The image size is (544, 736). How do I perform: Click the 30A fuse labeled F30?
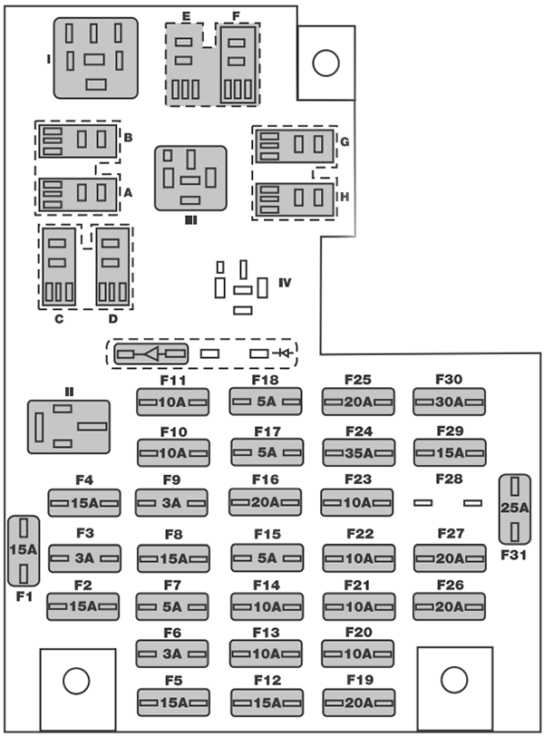(x=449, y=401)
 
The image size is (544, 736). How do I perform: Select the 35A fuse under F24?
(x=357, y=450)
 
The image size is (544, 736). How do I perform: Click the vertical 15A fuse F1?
(x=23, y=550)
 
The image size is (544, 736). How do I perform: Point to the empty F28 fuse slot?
(x=448, y=502)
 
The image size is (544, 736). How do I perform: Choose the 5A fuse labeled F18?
(x=266, y=401)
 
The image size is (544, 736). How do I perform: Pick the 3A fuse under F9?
(x=171, y=502)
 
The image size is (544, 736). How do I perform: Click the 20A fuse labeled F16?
(x=265, y=501)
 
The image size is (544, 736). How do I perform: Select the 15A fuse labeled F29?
(x=449, y=451)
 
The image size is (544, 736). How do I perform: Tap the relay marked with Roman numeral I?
(x=96, y=58)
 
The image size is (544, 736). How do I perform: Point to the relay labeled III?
(x=190, y=178)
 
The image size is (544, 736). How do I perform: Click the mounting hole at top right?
(x=325, y=62)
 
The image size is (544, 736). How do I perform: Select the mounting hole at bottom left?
(x=77, y=680)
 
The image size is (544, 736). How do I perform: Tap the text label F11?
(x=172, y=380)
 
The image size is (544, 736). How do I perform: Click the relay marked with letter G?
(x=294, y=143)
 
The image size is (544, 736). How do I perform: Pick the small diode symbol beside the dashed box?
(x=288, y=353)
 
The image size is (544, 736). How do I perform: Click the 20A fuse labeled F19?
(x=357, y=702)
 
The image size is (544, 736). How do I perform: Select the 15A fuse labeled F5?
(x=172, y=702)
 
